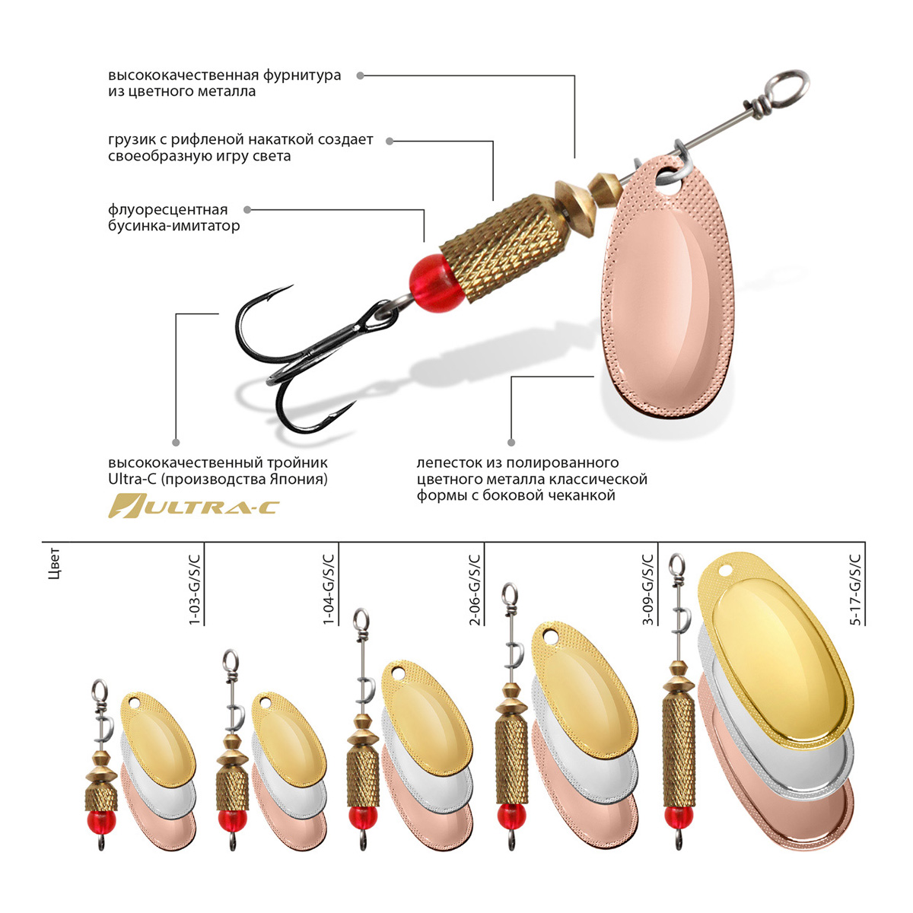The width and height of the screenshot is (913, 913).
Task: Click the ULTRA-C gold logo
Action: pos(194,506)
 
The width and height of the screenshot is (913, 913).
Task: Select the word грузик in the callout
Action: pos(131,140)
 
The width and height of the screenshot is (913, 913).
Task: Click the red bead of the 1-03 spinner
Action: pos(100,821)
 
